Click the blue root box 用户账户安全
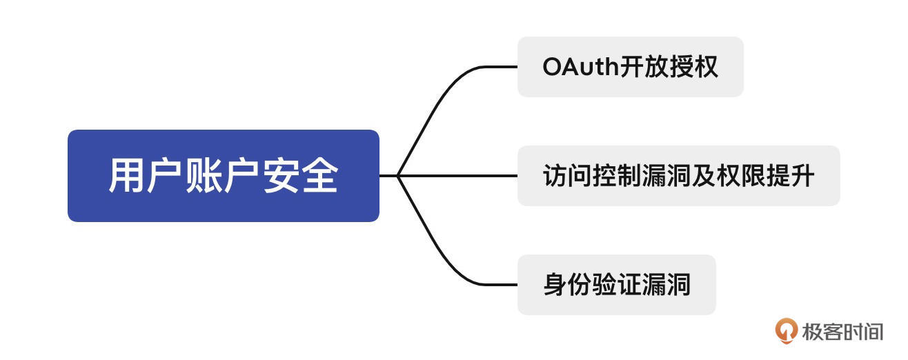(223, 175)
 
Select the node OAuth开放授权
(630, 67)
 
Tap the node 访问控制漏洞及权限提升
(678, 175)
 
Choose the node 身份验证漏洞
(616, 284)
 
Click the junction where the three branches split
(399, 176)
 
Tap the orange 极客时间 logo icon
(786, 330)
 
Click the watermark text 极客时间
(842, 331)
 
